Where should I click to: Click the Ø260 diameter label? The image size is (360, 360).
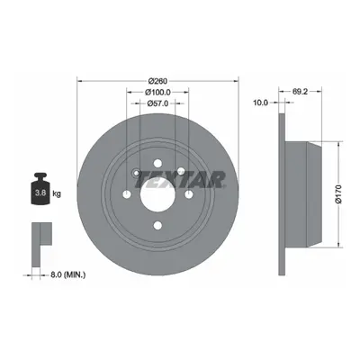pos(157,81)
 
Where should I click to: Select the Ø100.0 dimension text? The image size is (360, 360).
pos(157,92)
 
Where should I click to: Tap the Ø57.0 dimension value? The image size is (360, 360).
pos(157,103)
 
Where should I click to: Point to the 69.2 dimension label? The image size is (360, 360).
pos(301,92)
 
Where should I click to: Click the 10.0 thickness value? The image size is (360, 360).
pos(260,103)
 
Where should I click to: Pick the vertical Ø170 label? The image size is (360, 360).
pos(338,194)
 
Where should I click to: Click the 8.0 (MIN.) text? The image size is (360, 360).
pos(67,274)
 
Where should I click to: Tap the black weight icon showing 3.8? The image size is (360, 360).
pos(40,189)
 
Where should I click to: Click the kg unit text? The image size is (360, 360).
pos(57,193)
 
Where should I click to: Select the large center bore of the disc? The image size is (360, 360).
pos(157,194)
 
